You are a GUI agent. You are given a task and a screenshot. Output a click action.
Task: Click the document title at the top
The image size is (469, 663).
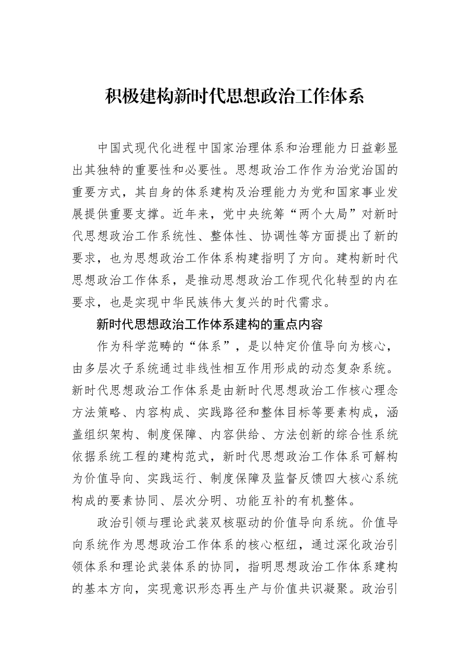pos(234,97)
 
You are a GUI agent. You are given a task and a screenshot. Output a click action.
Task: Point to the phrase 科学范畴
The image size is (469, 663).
pos(155,346)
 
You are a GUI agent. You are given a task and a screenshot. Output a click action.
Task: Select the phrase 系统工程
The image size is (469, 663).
pos(129,457)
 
